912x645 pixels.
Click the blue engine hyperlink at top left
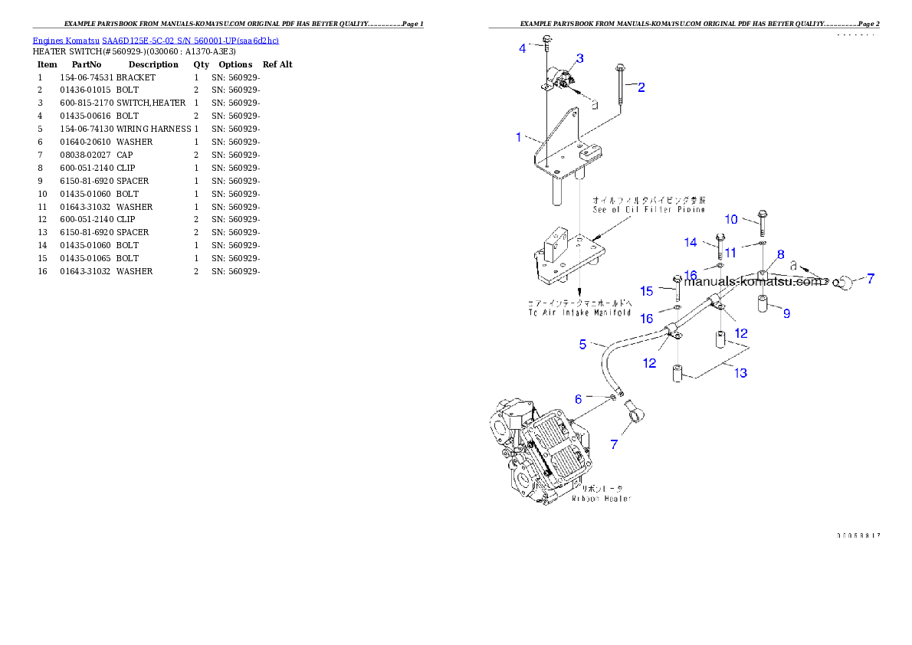click(x=156, y=40)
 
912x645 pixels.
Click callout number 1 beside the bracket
click(x=519, y=138)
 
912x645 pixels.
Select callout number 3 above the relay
click(x=523, y=48)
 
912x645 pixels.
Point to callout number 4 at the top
click(x=582, y=345)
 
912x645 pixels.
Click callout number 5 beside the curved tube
click(x=579, y=399)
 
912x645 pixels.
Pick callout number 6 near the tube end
click(x=780, y=254)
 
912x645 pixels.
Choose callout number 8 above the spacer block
click(x=786, y=313)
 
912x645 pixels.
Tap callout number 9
click(x=731, y=220)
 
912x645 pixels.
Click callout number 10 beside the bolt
click(x=730, y=252)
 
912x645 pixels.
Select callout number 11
click(x=741, y=373)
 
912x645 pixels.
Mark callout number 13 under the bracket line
click(x=691, y=243)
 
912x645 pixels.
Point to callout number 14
click(x=647, y=291)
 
